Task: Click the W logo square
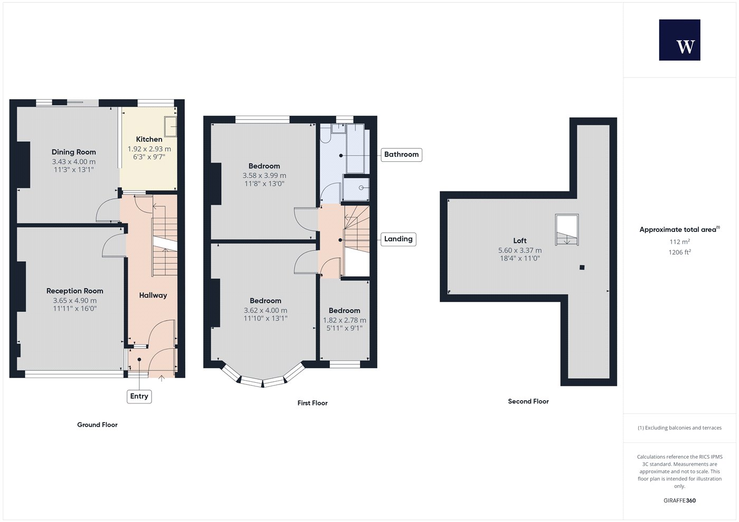(x=680, y=40)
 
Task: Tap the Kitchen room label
(x=149, y=139)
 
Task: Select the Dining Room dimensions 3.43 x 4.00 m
(x=73, y=162)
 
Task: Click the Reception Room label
(x=75, y=291)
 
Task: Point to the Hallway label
(x=153, y=295)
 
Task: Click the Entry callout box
(x=139, y=397)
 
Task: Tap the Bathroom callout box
(x=402, y=154)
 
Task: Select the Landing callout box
(x=399, y=239)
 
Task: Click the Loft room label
(x=520, y=241)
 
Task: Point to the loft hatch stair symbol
(x=567, y=230)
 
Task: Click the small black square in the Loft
(x=582, y=268)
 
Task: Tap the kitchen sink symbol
(x=170, y=126)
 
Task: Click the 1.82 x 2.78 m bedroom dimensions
(x=344, y=321)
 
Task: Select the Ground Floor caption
(x=97, y=425)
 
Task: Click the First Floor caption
(x=312, y=403)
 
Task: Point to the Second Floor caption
(x=528, y=401)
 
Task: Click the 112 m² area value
(x=680, y=242)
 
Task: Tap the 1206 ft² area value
(x=680, y=253)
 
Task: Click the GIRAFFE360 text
(x=680, y=500)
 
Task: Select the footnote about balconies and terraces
(x=680, y=428)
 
